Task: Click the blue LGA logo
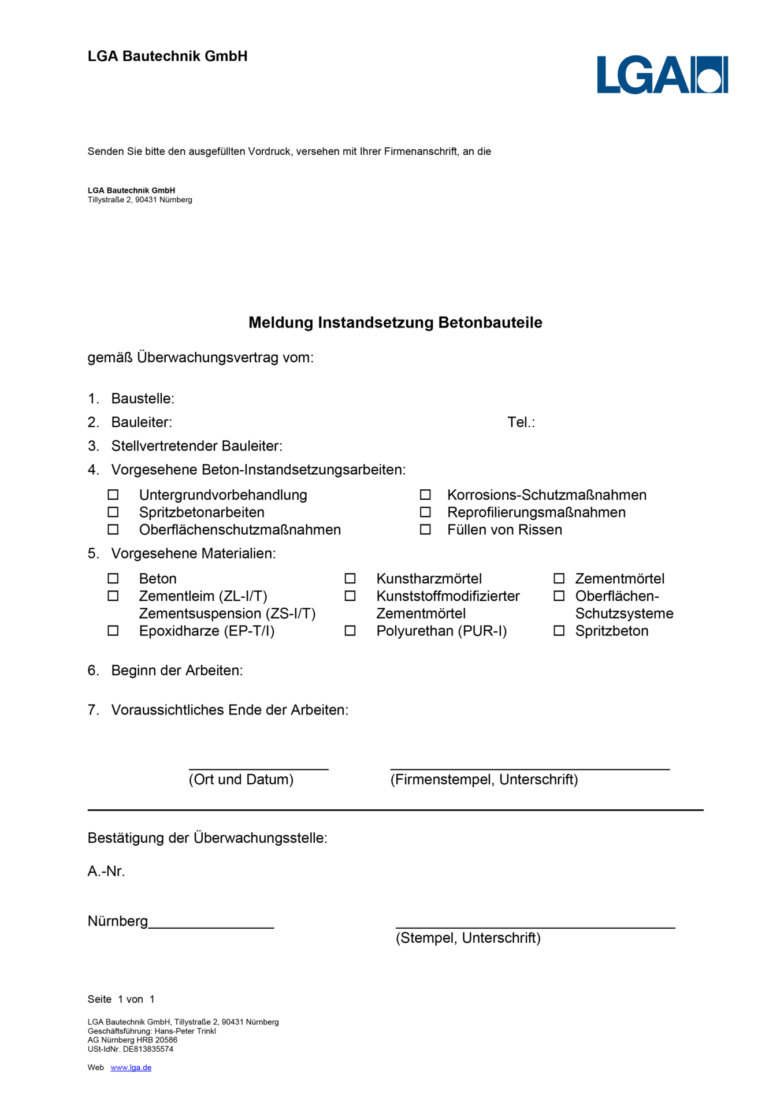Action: (x=662, y=75)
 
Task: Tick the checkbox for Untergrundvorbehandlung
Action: (x=113, y=495)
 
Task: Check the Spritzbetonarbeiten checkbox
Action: (x=113, y=512)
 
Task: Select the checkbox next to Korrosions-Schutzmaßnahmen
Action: (x=425, y=495)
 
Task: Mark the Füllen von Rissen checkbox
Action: (x=425, y=530)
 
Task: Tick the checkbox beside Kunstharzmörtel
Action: (x=350, y=579)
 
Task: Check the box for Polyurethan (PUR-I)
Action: (x=350, y=631)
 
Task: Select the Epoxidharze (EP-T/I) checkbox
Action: (x=113, y=631)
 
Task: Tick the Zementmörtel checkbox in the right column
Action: (x=559, y=579)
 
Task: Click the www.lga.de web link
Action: (x=131, y=1067)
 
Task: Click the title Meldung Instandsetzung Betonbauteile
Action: (x=395, y=322)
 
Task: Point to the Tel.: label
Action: (x=521, y=422)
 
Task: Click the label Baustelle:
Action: (x=143, y=399)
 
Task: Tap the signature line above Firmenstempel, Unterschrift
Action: (x=530, y=769)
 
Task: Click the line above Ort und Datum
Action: (x=258, y=769)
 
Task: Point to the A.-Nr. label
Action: (x=106, y=871)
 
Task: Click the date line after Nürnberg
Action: (x=211, y=927)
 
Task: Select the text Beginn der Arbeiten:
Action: (x=177, y=671)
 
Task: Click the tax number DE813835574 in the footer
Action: (x=148, y=1049)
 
